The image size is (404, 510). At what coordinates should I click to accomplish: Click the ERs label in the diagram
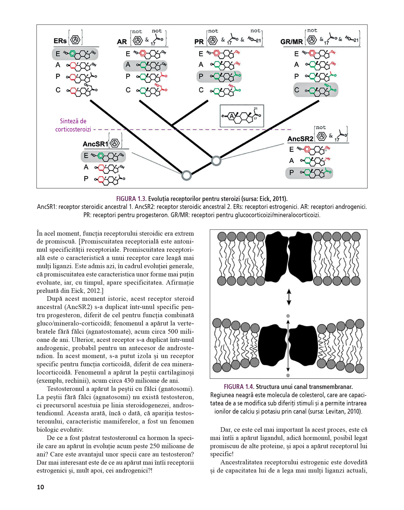[x=60, y=41]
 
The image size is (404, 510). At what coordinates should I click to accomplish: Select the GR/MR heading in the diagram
[x=291, y=42]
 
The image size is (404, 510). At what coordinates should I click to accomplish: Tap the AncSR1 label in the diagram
[x=95, y=144]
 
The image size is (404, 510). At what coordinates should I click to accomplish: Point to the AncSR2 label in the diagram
[x=300, y=139]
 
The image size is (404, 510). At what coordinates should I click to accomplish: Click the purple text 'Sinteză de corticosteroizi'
[x=73, y=125]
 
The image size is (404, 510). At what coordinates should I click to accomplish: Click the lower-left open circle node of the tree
[x=186, y=175]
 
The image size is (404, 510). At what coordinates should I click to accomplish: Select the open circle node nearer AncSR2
[x=216, y=161]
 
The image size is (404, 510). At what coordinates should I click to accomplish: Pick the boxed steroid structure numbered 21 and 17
[x=242, y=116]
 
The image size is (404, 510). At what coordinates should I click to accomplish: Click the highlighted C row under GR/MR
[x=315, y=90]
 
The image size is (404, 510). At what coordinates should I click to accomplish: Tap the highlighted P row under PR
[x=219, y=77]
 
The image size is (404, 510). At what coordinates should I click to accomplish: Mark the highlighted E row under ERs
[x=75, y=54]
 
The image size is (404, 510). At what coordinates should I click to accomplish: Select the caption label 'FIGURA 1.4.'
[x=239, y=387]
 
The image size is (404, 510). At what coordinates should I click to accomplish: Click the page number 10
[x=41, y=487]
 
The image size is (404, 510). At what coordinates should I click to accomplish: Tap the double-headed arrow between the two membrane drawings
[x=289, y=297]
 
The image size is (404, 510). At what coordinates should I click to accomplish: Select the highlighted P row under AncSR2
[x=309, y=173]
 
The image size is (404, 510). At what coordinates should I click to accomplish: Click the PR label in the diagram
[x=199, y=42]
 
